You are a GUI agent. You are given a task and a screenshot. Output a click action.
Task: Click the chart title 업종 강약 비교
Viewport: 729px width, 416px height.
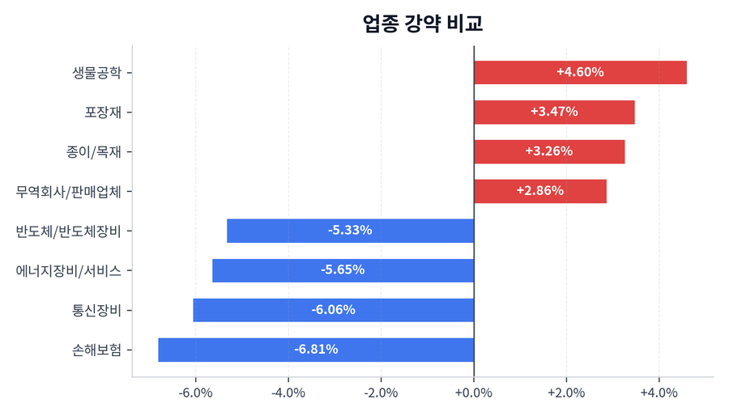click(423, 23)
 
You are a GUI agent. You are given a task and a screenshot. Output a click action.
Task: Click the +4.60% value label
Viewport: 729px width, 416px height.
click(580, 72)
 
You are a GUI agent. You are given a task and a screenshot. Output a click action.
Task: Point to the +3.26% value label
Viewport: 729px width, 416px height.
click(548, 151)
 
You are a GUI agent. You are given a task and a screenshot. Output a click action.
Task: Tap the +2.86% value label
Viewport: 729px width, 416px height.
click(539, 191)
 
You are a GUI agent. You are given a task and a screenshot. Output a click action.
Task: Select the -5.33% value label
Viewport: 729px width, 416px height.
click(350, 231)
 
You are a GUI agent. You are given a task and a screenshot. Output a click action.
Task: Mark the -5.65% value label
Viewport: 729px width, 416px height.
click(343, 270)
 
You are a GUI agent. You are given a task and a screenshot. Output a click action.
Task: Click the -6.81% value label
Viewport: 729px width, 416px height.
click(316, 350)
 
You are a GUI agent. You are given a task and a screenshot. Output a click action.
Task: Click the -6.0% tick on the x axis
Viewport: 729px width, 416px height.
click(195, 393)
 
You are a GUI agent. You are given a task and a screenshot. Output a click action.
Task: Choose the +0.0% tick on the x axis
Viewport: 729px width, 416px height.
click(474, 393)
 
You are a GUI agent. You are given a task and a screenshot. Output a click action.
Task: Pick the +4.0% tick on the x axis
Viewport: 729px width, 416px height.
click(659, 393)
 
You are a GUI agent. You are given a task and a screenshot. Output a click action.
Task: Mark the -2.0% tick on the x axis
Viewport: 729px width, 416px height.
click(381, 393)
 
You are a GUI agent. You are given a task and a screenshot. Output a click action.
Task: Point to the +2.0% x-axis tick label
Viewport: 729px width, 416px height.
click(566, 393)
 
